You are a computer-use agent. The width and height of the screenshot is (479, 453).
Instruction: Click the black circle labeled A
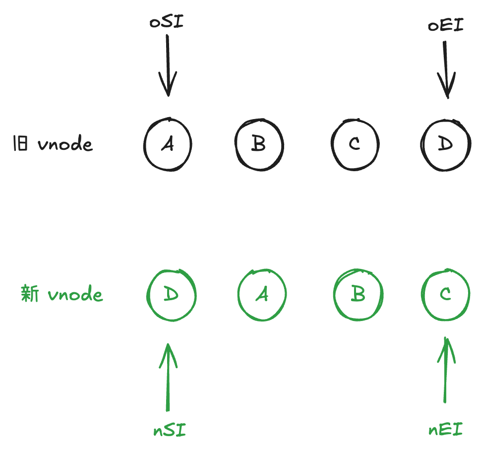pyautogui.click(x=168, y=144)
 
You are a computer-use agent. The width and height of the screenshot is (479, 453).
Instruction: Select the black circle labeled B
pyautogui.click(x=259, y=144)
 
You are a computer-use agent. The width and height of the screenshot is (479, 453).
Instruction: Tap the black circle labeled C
pyautogui.click(x=354, y=144)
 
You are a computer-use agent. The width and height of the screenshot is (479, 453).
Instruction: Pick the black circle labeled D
pyautogui.click(x=446, y=144)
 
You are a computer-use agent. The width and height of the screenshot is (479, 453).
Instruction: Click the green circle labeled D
pyautogui.click(x=171, y=295)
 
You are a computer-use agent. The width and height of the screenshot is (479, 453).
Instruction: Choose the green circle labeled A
pyautogui.click(x=262, y=295)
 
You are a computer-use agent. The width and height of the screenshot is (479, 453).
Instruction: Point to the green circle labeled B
pyautogui.click(x=358, y=295)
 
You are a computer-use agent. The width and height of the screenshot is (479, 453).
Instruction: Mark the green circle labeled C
pyautogui.click(x=445, y=295)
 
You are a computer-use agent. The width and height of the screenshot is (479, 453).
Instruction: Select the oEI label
pyautogui.click(x=445, y=25)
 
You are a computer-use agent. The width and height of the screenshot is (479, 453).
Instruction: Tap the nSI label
pyautogui.click(x=169, y=429)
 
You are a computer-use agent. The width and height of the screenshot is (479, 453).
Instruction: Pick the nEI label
pyautogui.click(x=445, y=429)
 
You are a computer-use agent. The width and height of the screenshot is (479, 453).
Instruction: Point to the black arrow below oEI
pyautogui.click(x=446, y=69)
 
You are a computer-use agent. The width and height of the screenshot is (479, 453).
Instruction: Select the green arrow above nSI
pyautogui.click(x=169, y=377)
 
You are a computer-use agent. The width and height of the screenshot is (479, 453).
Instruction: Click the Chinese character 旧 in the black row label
pyautogui.click(x=20, y=144)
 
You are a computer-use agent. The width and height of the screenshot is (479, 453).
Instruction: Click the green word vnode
pyautogui.click(x=75, y=295)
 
